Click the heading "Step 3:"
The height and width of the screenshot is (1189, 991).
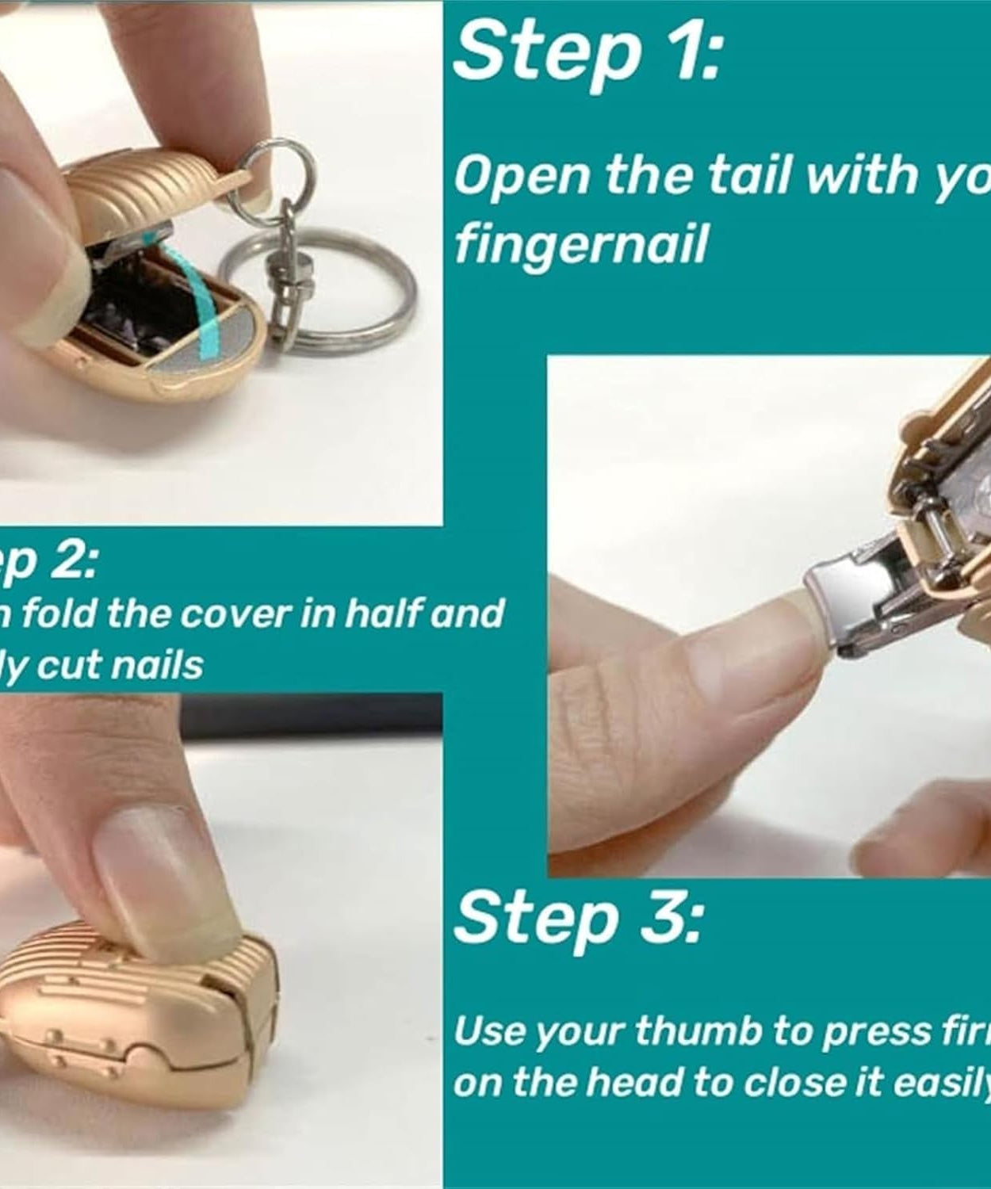[x=578, y=917]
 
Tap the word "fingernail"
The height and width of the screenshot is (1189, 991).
[x=580, y=245]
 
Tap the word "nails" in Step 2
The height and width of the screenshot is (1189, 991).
[x=157, y=664]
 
